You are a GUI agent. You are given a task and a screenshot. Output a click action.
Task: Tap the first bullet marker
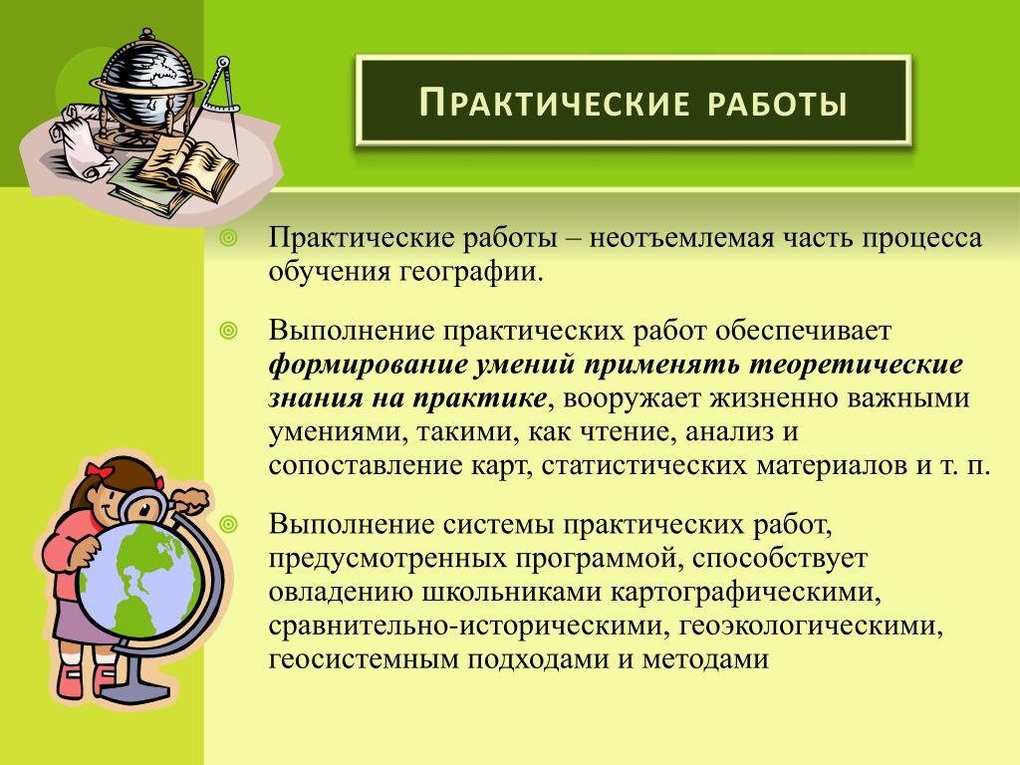228,239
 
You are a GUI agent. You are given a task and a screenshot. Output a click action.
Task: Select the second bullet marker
228,332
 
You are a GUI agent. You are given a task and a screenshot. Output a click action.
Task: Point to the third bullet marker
228,524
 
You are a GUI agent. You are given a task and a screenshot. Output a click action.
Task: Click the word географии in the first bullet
470,272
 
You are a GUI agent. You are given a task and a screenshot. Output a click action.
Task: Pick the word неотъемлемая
681,238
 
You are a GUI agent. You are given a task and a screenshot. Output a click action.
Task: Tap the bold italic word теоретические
856,365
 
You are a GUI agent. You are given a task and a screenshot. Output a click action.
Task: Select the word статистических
643,466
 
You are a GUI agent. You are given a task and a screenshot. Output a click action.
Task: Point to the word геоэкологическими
811,627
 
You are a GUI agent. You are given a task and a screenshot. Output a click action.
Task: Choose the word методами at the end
705,659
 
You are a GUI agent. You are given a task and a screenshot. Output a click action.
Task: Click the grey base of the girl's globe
136,684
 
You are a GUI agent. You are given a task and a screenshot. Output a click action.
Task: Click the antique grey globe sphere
145,84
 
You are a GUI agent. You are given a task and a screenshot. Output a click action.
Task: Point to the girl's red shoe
70,679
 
